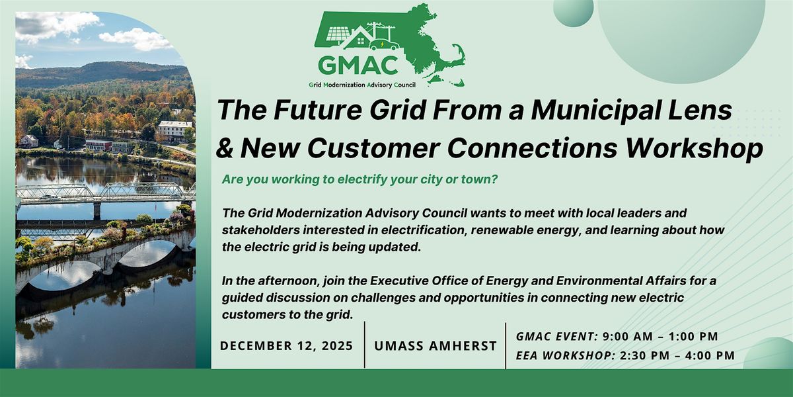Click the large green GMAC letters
pyautogui.click(x=358, y=65)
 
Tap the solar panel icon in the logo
pyautogui.click(x=338, y=34)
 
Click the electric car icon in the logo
pyautogui.click(x=383, y=44)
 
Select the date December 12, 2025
pyautogui.click(x=285, y=346)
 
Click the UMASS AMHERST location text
pyautogui.click(x=435, y=346)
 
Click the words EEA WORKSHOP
pyautogui.click(x=565, y=355)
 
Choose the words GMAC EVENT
pyautogui.click(x=558, y=337)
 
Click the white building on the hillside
pyautogui.click(x=174, y=128)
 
